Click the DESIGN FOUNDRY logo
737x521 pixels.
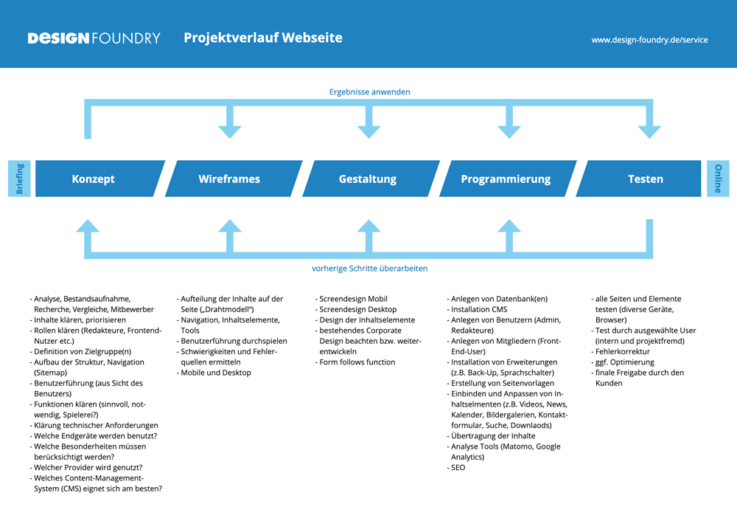tap(94, 38)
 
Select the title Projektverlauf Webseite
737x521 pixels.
tap(263, 38)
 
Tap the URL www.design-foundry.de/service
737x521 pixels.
tap(649, 40)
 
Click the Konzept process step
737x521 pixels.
tap(94, 179)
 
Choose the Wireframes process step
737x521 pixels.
tap(229, 179)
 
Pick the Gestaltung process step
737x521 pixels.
tap(368, 179)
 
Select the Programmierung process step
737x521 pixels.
tap(506, 179)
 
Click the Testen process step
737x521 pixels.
tap(645, 179)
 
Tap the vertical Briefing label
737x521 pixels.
tap(19, 179)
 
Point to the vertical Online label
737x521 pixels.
tap(718, 179)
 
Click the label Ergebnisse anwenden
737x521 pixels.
tap(369, 92)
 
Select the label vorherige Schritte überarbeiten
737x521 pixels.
tap(369, 269)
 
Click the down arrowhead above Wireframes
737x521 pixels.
tap(230, 131)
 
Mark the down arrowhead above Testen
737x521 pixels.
tap(649, 131)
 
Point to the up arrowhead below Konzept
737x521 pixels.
tap(88, 226)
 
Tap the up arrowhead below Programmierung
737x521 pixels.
tap(509, 226)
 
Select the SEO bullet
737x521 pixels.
tap(458, 468)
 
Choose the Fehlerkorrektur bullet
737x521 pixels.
tap(624, 352)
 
